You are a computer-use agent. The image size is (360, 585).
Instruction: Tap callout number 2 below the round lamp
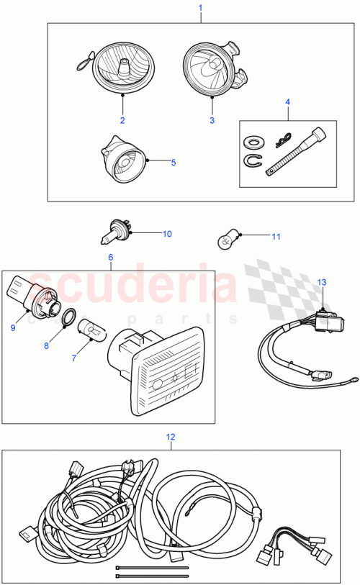click(x=122, y=119)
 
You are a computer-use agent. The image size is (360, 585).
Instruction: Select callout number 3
click(x=212, y=120)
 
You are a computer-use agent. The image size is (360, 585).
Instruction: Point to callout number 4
click(x=288, y=103)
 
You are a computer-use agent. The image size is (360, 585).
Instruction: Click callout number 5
click(x=173, y=163)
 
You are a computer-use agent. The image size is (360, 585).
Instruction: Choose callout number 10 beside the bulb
click(x=167, y=233)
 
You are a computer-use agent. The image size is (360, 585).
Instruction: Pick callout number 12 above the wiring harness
click(x=171, y=436)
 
